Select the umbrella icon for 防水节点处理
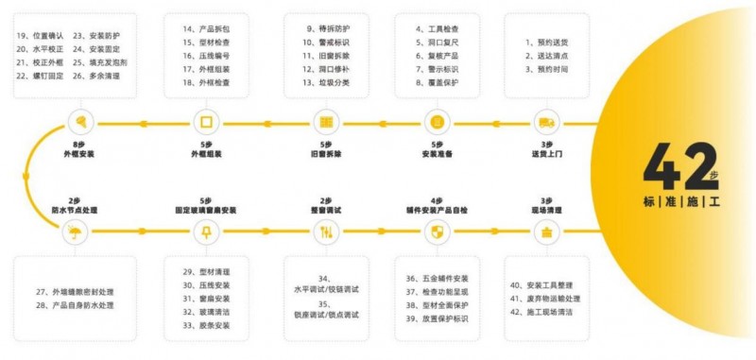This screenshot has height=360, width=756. coord(75,232)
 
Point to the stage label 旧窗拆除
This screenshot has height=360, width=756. coord(326,152)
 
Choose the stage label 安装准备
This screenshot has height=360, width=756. coord(437,152)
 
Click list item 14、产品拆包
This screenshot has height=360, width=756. coord(205,29)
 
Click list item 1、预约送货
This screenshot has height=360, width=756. coord(548,43)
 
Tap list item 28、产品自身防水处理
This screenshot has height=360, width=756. coord(75,305)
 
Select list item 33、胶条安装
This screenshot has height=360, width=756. coord(207,326)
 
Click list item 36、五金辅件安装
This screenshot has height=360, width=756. coord(438,279)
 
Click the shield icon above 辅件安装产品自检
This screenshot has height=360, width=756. coord(437,232)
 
